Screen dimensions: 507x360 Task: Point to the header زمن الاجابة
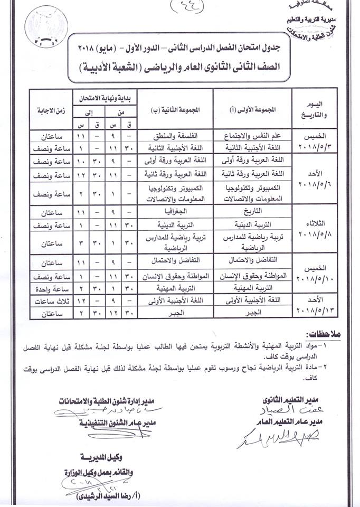(x=52, y=110)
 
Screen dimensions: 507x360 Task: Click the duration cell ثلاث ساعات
(x=52, y=301)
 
